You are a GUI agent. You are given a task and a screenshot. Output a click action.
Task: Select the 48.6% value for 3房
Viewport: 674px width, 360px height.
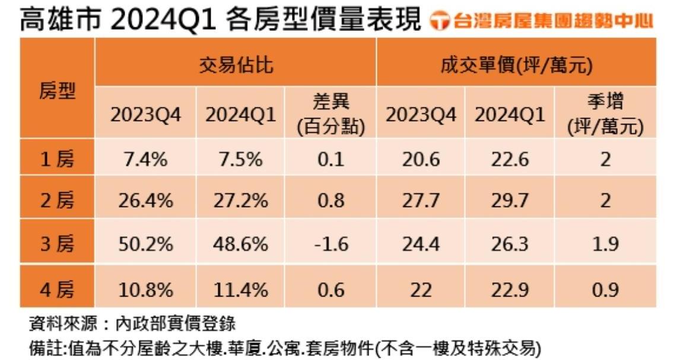point(240,244)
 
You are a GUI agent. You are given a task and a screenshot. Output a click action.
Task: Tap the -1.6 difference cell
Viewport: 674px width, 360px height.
point(330,244)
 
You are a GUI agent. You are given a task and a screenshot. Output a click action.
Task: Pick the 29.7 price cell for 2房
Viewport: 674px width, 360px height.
point(510,200)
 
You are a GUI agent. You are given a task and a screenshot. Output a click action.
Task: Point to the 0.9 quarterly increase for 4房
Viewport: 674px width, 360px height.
point(605,289)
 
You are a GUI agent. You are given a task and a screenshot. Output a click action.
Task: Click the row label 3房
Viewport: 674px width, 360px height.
point(57,244)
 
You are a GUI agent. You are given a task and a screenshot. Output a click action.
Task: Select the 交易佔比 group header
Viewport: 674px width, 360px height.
point(236,64)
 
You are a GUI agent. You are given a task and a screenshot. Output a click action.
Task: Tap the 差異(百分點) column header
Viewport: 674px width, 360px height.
point(330,114)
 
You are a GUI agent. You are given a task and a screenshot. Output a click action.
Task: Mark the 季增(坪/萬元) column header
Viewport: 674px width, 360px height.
point(605,114)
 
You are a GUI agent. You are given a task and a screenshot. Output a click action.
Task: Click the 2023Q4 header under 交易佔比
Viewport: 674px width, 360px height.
point(145,115)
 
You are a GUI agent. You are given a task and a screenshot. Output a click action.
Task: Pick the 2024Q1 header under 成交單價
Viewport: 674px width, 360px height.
point(510,115)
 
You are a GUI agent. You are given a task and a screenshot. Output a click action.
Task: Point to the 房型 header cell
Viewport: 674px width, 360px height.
point(57,90)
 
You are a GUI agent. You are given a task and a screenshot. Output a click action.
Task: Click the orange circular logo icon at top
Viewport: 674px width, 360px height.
point(440,21)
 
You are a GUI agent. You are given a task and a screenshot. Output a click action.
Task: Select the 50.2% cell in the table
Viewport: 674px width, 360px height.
point(145,244)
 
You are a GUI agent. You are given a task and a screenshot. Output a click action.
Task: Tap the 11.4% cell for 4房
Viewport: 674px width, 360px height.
point(240,289)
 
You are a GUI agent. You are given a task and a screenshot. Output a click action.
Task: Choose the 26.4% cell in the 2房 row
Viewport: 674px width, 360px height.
point(145,200)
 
